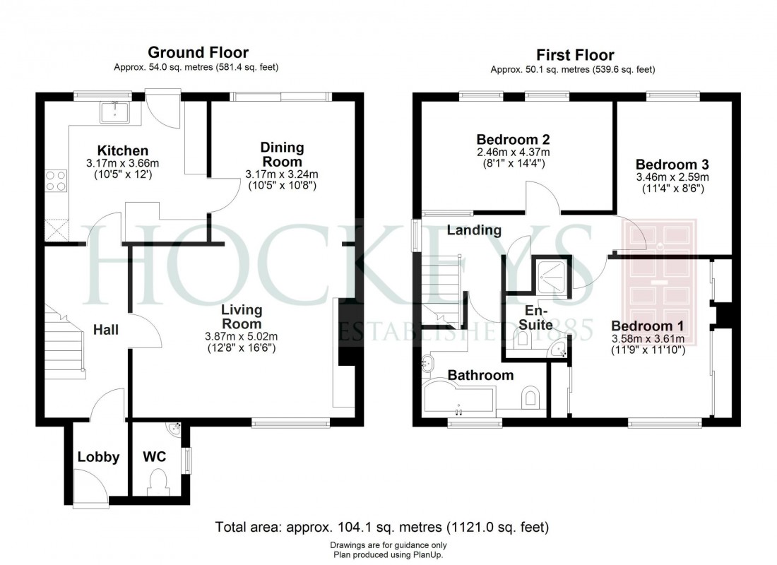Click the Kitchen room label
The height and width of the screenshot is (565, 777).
[x=123, y=150]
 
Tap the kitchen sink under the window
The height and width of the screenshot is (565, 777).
[x=115, y=112]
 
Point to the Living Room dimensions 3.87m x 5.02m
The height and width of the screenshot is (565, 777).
[x=241, y=336]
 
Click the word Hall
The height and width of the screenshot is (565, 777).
[x=107, y=330]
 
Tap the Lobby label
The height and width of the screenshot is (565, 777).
[x=98, y=457]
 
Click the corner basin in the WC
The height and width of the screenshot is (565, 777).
[x=174, y=428]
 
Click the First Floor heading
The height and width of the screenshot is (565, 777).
[x=574, y=54]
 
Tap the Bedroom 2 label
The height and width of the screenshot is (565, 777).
[x=513, y=139]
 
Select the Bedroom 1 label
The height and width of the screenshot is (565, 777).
[x=647, y=326]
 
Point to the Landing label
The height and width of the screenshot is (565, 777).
[x=474, y=230]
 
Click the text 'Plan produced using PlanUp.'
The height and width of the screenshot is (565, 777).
[x=388, y=554]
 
